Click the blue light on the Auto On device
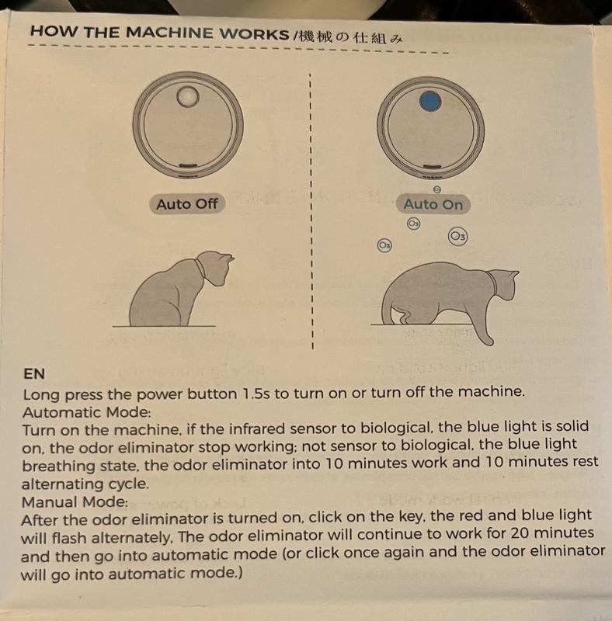[430, 102]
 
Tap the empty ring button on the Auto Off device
[187, 89]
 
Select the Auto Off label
[187, 204]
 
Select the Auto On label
[433, 204]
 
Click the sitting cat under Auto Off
[179, 293]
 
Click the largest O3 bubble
[457, 237]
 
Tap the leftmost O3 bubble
[384, 245]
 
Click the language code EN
[34, 373]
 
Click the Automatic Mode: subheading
[87, 412]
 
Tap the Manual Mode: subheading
[75, 501]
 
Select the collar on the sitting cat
[200, 269]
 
